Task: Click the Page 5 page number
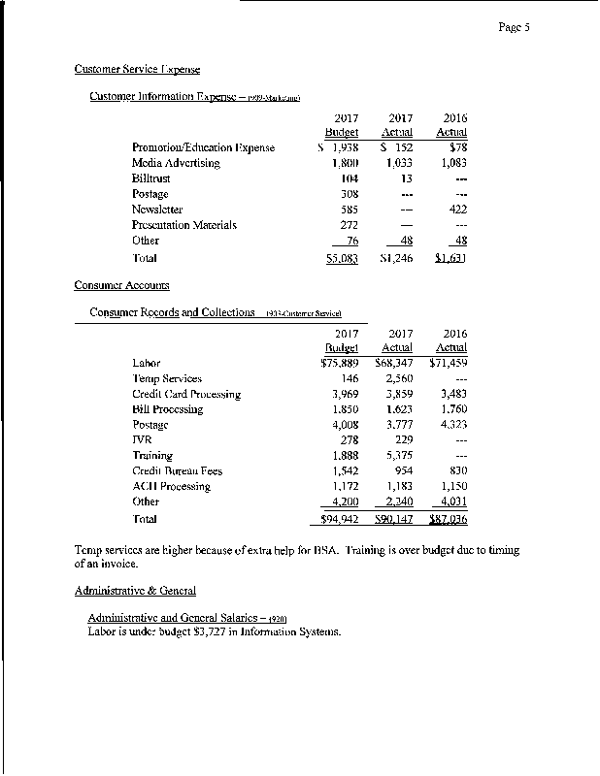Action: [514, 28]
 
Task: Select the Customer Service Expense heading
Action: [137, 69]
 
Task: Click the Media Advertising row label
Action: [176, 163]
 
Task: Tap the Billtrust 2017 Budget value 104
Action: [350, 178]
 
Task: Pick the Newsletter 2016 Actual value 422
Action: [456, 210]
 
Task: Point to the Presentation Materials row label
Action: [184, 225]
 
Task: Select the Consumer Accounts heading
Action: [121, 285]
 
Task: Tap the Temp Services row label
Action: [167, 378]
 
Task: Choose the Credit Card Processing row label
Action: [186, 394]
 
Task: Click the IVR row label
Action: [142, 440]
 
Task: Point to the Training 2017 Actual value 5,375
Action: [399, 456]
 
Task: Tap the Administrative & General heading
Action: [135, 590]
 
